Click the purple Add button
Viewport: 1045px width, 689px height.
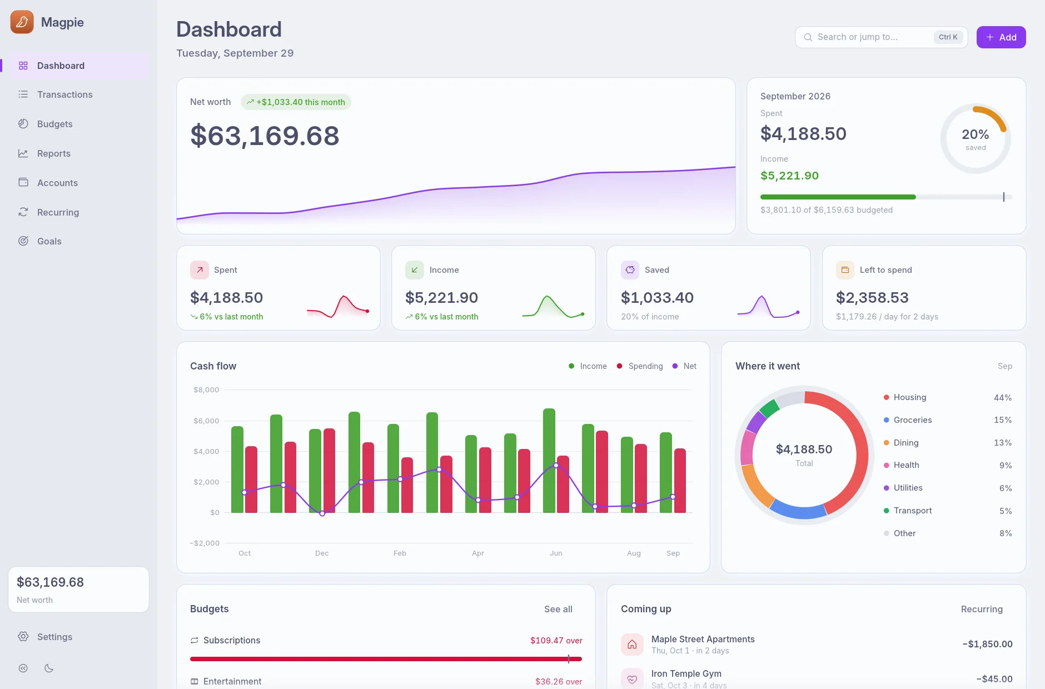1001,37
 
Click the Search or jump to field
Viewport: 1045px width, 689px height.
881,37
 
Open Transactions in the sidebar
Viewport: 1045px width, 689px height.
64,94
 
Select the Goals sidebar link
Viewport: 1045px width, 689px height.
49,241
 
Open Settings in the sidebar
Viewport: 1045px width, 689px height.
54,637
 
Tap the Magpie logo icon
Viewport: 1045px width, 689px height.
22,22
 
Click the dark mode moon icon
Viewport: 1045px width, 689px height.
49,668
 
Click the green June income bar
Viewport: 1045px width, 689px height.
549,461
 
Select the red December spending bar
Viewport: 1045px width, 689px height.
329,471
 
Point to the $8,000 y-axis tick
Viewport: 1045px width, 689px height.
206,390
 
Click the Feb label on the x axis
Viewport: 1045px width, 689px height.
400,553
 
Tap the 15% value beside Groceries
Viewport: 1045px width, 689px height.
1003,420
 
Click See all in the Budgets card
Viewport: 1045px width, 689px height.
558,609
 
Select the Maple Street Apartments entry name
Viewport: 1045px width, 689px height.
703,639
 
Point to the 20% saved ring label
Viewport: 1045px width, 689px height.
976,139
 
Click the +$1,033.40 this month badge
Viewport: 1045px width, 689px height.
296,102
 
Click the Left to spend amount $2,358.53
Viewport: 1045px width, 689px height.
872,298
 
